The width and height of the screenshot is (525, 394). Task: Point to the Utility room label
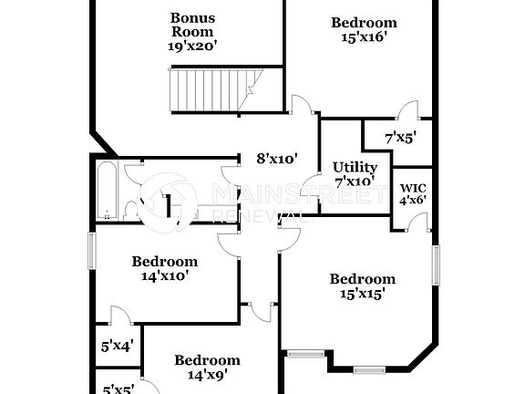355,167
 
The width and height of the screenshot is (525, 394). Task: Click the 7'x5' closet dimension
400,138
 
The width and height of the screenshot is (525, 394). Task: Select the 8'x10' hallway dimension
278,159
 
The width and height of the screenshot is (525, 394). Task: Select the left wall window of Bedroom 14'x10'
91,250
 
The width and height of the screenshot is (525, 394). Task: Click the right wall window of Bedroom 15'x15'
436,264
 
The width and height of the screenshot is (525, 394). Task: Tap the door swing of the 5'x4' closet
118,316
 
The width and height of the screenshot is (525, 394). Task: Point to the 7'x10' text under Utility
355,181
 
